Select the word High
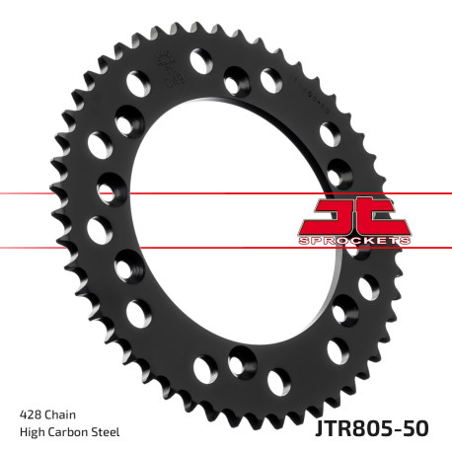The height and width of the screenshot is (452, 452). point(32,431)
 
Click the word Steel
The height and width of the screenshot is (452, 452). point(108,431)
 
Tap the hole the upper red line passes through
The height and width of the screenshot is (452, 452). point(108,187)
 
